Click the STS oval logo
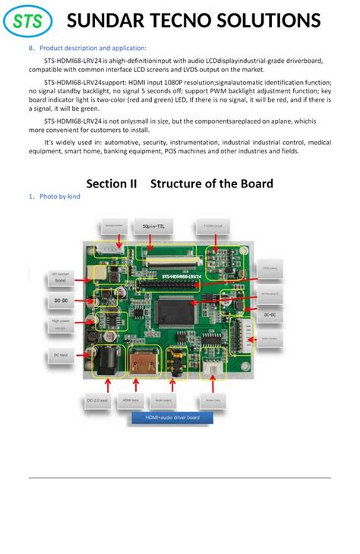coord(28,21)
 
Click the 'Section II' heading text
coord(112,184)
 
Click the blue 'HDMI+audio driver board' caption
coord(172,417)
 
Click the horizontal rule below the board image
coord(180,477)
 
